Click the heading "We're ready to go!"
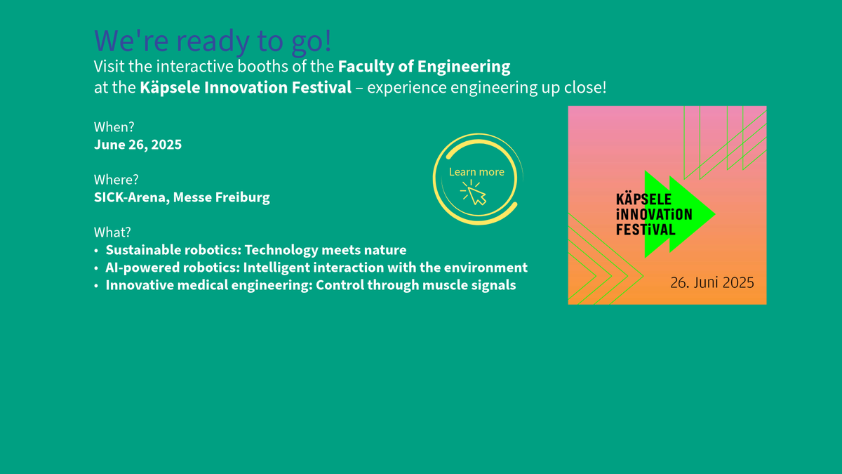click(x=213, y=41)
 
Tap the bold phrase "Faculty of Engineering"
click(x=424, y=67)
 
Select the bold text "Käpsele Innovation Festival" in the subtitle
click(x=246, y=88)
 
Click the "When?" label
click(x=114, y=127)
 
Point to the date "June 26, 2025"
click(x=138, y=145)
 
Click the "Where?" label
click(x=116, y=180)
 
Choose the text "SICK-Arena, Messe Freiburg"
click(x=182, y=197)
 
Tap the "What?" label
click(x=112, y=232)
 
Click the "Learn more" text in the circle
click(x=476, y=172)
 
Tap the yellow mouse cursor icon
click(x=474, y=192)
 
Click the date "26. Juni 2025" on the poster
click(x=712, y=283)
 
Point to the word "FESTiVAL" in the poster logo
click(x=646, y=230)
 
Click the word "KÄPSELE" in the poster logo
click(x=643, y=199)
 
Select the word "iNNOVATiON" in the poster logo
click(x=654, y=214)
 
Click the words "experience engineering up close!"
click(x=487, y=88)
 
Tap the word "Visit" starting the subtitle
click(x=109, y=67)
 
